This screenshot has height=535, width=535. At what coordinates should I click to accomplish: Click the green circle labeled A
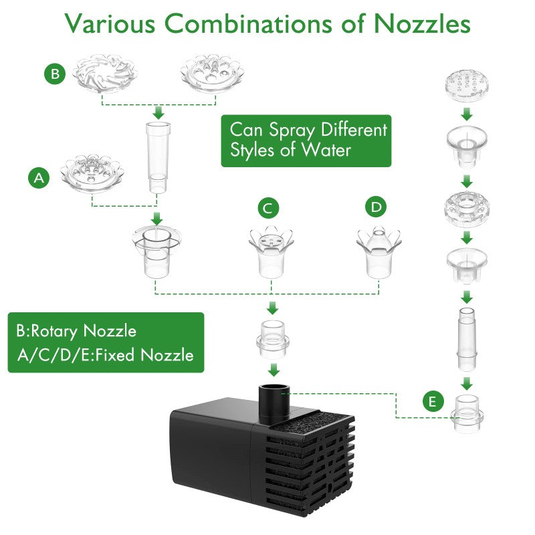[39, 178]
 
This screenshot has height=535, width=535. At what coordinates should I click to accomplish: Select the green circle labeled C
[268, 209]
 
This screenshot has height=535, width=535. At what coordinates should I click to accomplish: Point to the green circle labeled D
[377, 207]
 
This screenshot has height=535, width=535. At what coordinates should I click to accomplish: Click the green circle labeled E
[433, 402]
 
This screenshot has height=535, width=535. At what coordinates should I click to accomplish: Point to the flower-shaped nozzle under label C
[272, 250]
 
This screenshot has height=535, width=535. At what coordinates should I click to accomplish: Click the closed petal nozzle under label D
[379, 251]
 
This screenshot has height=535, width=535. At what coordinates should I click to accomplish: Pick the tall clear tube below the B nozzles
[157, 156]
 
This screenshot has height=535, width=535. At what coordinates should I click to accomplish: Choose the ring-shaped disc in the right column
[467, 207]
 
